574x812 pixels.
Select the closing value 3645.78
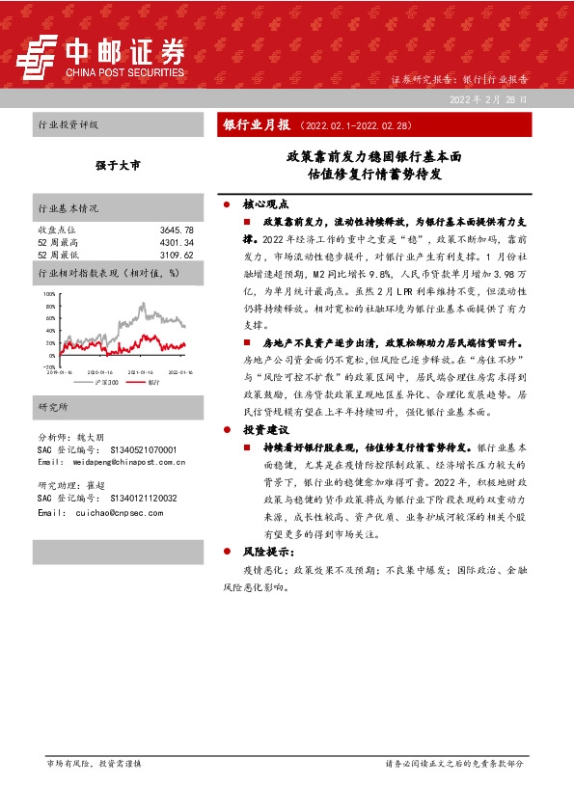pos(177,230)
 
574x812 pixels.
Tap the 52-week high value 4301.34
pos(177,242)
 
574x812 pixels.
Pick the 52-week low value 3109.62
pos(177,255)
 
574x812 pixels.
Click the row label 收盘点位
pos(56,230)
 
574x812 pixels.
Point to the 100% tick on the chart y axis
pos(49,290)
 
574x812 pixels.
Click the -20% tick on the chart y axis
pos(49,367)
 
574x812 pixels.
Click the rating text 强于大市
pos(118,166)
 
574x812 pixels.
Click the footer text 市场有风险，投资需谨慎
pos(94,763)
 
